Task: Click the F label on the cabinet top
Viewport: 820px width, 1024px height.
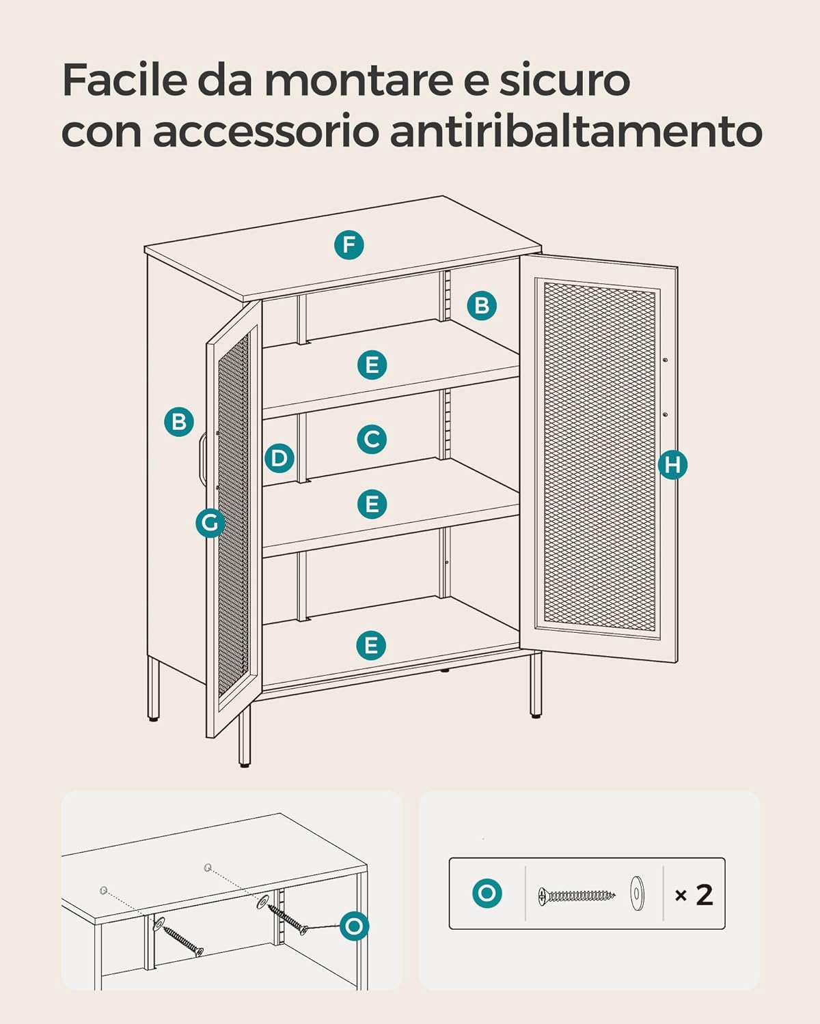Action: click(348, 245)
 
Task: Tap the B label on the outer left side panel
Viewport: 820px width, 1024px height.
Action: click(178, 422)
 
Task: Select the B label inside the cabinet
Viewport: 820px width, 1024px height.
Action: click(481, 305)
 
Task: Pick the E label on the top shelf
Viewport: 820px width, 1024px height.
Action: click(372, 365)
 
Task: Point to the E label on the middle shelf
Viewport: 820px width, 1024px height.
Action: click(372, 504)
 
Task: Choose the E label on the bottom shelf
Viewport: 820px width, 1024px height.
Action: click(370, 646)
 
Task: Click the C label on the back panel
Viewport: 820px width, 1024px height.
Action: click(372, 439)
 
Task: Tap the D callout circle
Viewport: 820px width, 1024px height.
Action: click(279, 458)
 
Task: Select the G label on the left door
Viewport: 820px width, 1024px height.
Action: click(210, 523)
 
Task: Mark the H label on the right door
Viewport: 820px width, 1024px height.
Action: click(672, 464)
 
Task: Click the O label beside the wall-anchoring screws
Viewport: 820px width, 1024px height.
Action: click(354, 926)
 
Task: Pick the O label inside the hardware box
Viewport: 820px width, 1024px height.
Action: click(487, 893)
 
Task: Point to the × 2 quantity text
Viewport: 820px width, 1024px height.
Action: click(694, 895)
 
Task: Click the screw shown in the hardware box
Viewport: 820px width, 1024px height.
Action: click(577, 896)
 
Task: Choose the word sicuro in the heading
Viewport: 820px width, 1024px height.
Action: click(564, 79)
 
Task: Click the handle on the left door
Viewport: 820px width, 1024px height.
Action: click(202, 459)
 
